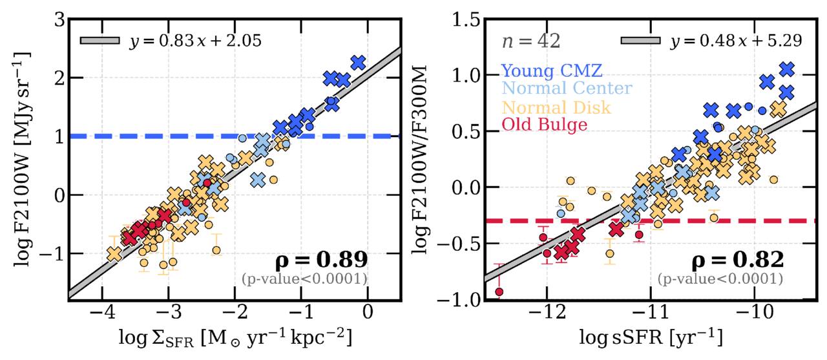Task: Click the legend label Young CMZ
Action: pyautogui.click(x=552, y=70)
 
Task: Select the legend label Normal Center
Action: pyautogui.click(x=567, y=89)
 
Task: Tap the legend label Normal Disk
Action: pyautogui.click(x=556, y=107)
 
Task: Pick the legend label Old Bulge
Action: pyautogui.click(x=544, y=125)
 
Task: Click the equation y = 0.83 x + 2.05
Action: pyautogui.click(x=195, y=41)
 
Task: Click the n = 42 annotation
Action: pyautogui.click(x=531, y=41)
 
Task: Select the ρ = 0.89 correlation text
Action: pyautogui.click(x=322, y=260)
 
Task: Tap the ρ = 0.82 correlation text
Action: pyautogui.click(x=737, y=260)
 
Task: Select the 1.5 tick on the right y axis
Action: pyautogui.click(x=466, y=20)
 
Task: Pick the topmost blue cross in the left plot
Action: pyautogui.click(x=357, y=63)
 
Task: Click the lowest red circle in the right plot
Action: pyautogui.click(x=499, y=291)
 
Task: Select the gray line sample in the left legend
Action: pyautogui.click(x=100, y=40)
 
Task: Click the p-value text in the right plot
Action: pyautogui.click(x=720, y=279)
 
